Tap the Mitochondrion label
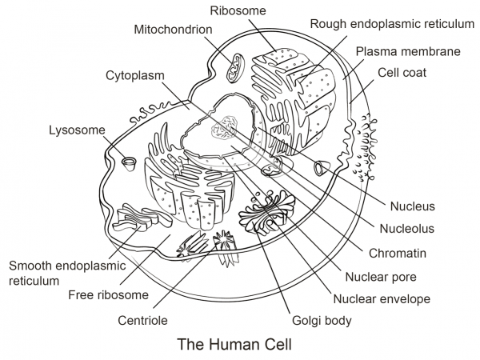pyautogui.click(x=174, y=30)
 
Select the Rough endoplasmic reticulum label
pyautogui.click(x=392, y=24)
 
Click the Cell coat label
pyautogui.click(x=402, y=73)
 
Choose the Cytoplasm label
pyautogui.click(x=135, y=75)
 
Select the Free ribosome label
pyautogui.click(x=108, y=295)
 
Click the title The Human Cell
pyautogui.click(x=234, y=346)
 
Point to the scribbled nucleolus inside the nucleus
pyautogui.click(x=223, y=128)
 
